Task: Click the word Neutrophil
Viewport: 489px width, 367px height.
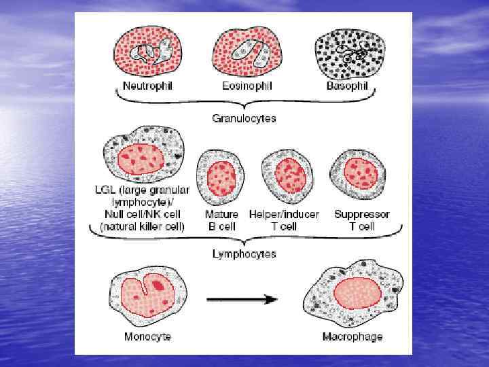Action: [x=148, y=87]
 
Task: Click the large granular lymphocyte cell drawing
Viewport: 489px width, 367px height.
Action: [x=144, y=160]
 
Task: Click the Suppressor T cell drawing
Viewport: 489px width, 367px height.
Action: [x=360, y=173]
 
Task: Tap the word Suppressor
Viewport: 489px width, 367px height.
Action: [x=361, y=214]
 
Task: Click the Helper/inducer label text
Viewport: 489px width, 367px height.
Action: [x=284, y=214]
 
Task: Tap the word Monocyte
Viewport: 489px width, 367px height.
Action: [x=147, y=336]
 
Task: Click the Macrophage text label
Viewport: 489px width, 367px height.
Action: [x=353, y=336]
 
